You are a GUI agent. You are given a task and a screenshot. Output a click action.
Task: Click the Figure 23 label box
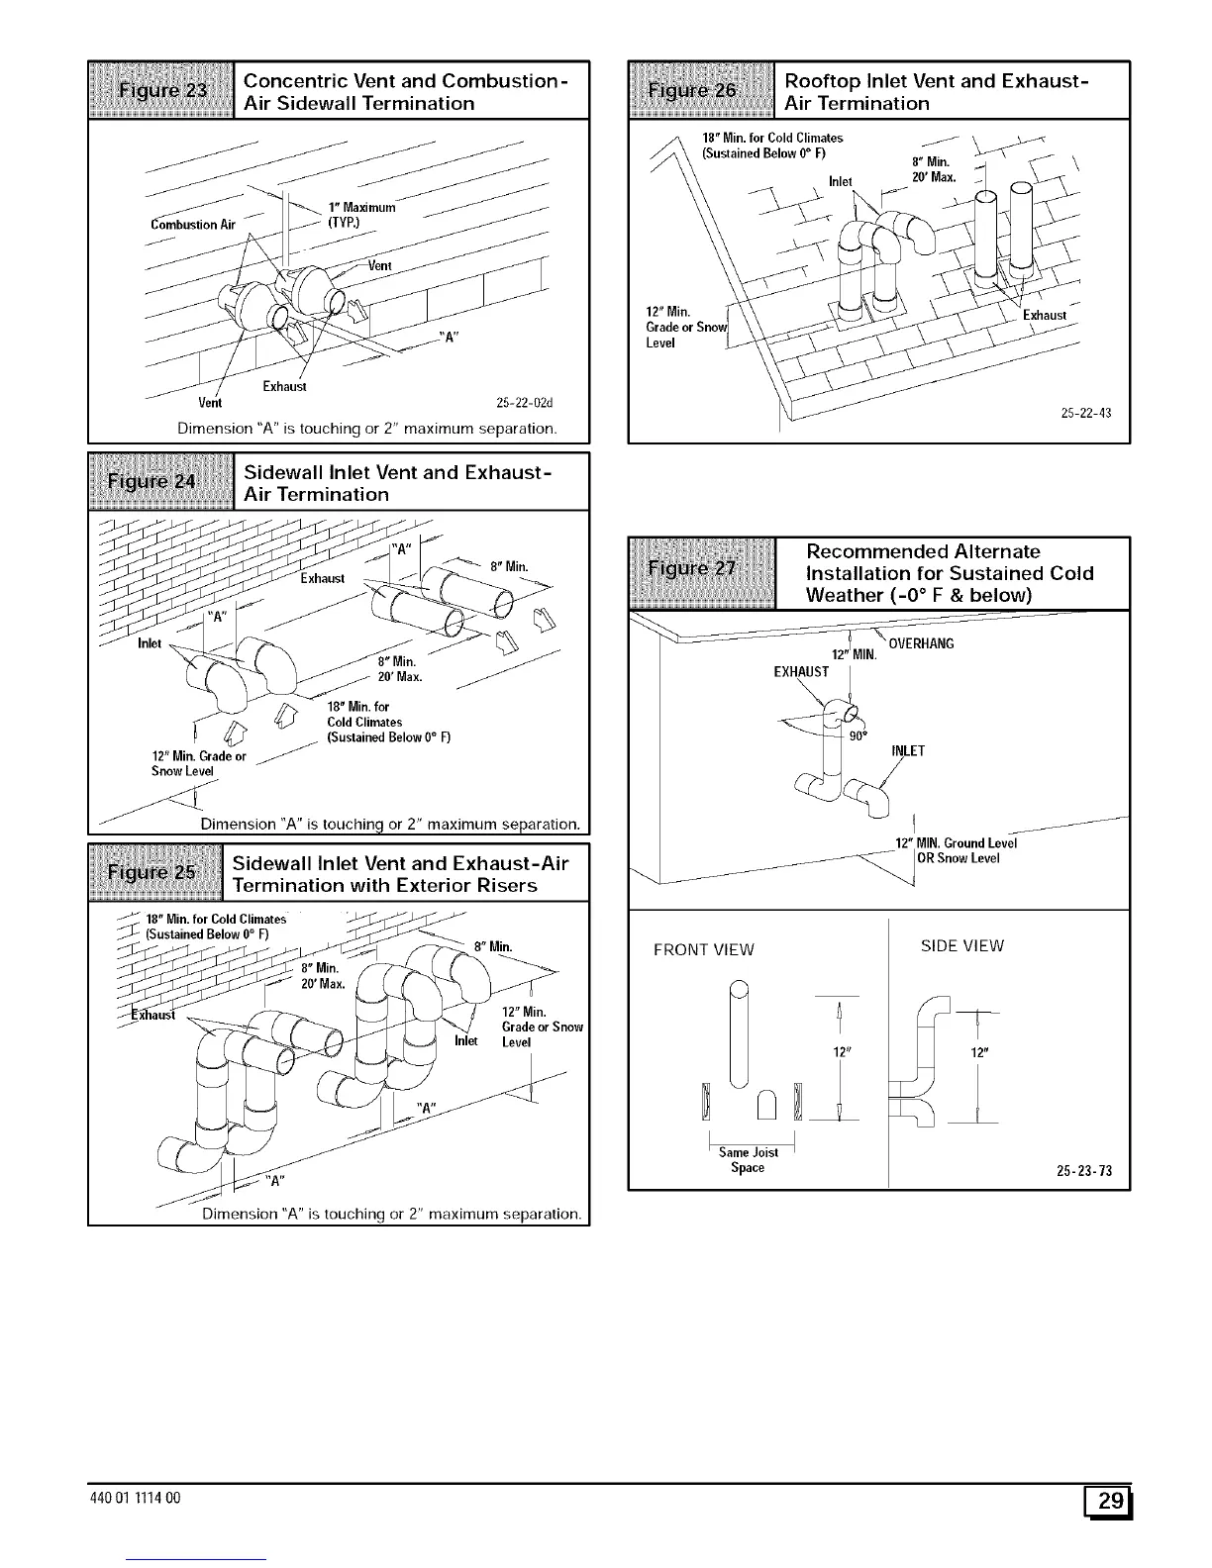pos(161,91)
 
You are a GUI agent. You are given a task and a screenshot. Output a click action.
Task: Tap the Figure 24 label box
pos(161,482)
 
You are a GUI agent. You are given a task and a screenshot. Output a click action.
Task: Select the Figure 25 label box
pos(157,873)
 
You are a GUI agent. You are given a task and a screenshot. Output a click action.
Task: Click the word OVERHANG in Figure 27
pos(921,644)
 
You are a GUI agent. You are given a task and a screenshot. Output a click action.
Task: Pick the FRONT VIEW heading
pos(703,950)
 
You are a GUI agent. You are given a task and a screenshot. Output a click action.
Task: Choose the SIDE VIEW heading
pos(961,946)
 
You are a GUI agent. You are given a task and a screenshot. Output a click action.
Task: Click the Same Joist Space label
pos(749,1160)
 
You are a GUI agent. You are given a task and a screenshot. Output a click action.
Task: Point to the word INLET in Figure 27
pos(908,750)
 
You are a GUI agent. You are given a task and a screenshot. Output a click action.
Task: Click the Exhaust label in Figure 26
pos(1045,316)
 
